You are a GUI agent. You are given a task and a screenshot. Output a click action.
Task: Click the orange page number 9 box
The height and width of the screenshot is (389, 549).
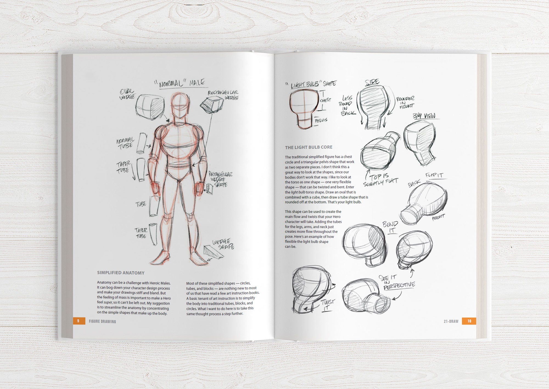coord(78,321)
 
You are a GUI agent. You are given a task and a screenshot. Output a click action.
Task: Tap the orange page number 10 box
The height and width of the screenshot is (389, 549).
coord(469,321)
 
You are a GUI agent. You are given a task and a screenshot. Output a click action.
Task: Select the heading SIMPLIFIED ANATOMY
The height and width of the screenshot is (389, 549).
coord(121,273)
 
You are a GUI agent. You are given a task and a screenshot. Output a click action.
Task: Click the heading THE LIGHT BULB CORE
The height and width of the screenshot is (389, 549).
coord(309,147)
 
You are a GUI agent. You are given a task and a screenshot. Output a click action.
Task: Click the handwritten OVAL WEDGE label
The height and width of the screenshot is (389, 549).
coord(127,94)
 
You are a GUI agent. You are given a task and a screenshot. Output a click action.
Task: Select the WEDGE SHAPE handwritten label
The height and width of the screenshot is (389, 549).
coord(223,244)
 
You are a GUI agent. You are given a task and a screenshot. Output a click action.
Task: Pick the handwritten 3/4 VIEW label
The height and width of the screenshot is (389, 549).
coord(424,116)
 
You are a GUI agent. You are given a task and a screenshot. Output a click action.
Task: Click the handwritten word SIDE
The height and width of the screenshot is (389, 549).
coord(372,82)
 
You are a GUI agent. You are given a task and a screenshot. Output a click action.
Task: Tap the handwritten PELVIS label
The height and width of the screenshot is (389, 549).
coord(321,120)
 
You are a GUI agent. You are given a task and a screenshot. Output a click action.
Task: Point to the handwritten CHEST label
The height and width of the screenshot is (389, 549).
coord(326,100)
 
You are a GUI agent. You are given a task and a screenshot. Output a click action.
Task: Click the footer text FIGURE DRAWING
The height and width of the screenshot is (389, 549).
coord(102,321)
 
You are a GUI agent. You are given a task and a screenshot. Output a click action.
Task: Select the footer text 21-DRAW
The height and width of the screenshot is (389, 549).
coord(451,321)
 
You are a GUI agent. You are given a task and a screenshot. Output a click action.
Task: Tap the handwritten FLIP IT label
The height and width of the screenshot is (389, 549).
coord(434,175)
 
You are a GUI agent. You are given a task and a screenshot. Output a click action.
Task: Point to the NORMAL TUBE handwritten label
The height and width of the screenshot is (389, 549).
coord(125,143)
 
